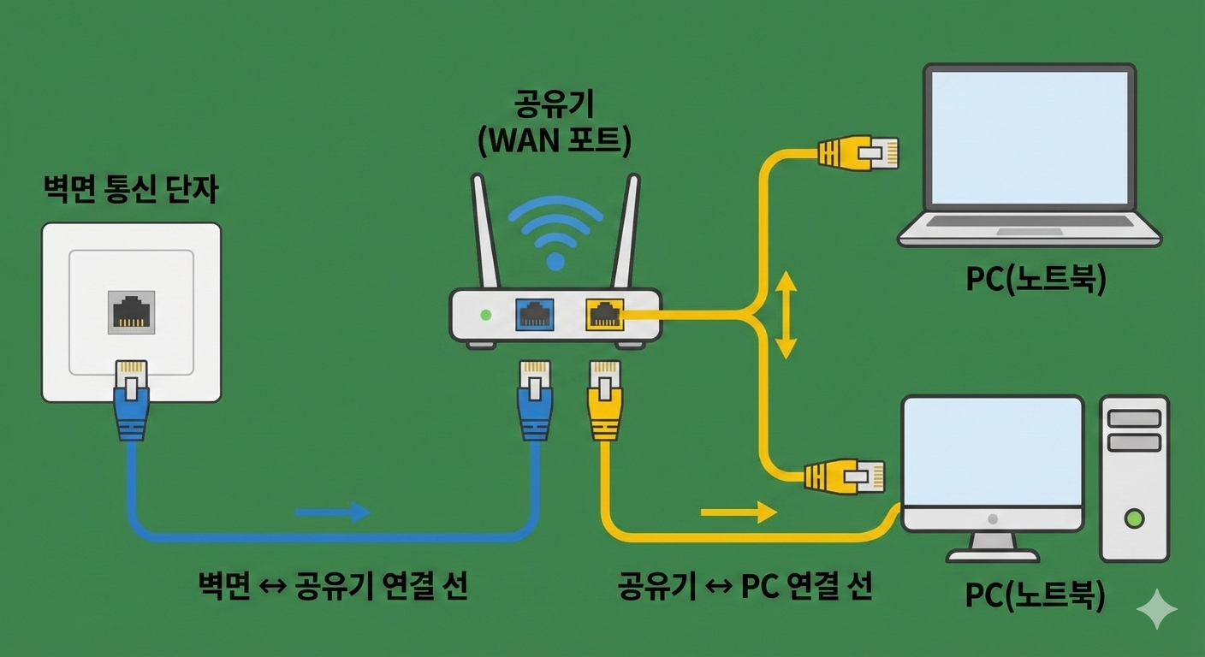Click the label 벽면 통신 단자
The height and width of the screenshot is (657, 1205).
[x=130, y=190]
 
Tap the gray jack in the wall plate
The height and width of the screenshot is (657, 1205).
[x=132, y=313]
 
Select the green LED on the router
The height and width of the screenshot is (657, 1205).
[x=486, y=315]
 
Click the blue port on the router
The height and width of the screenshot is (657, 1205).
[x=536, y=315]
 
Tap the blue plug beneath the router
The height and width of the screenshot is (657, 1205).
[x=535, y=400]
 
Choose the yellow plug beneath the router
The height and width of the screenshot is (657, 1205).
[x=604, y=400]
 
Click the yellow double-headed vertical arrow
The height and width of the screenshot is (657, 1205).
[x=786, y=316]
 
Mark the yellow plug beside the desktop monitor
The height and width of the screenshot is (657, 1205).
[x=844, y=476]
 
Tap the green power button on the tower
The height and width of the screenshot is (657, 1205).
[x=1135, y=518]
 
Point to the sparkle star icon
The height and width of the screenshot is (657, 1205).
[x=1156, y=608]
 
